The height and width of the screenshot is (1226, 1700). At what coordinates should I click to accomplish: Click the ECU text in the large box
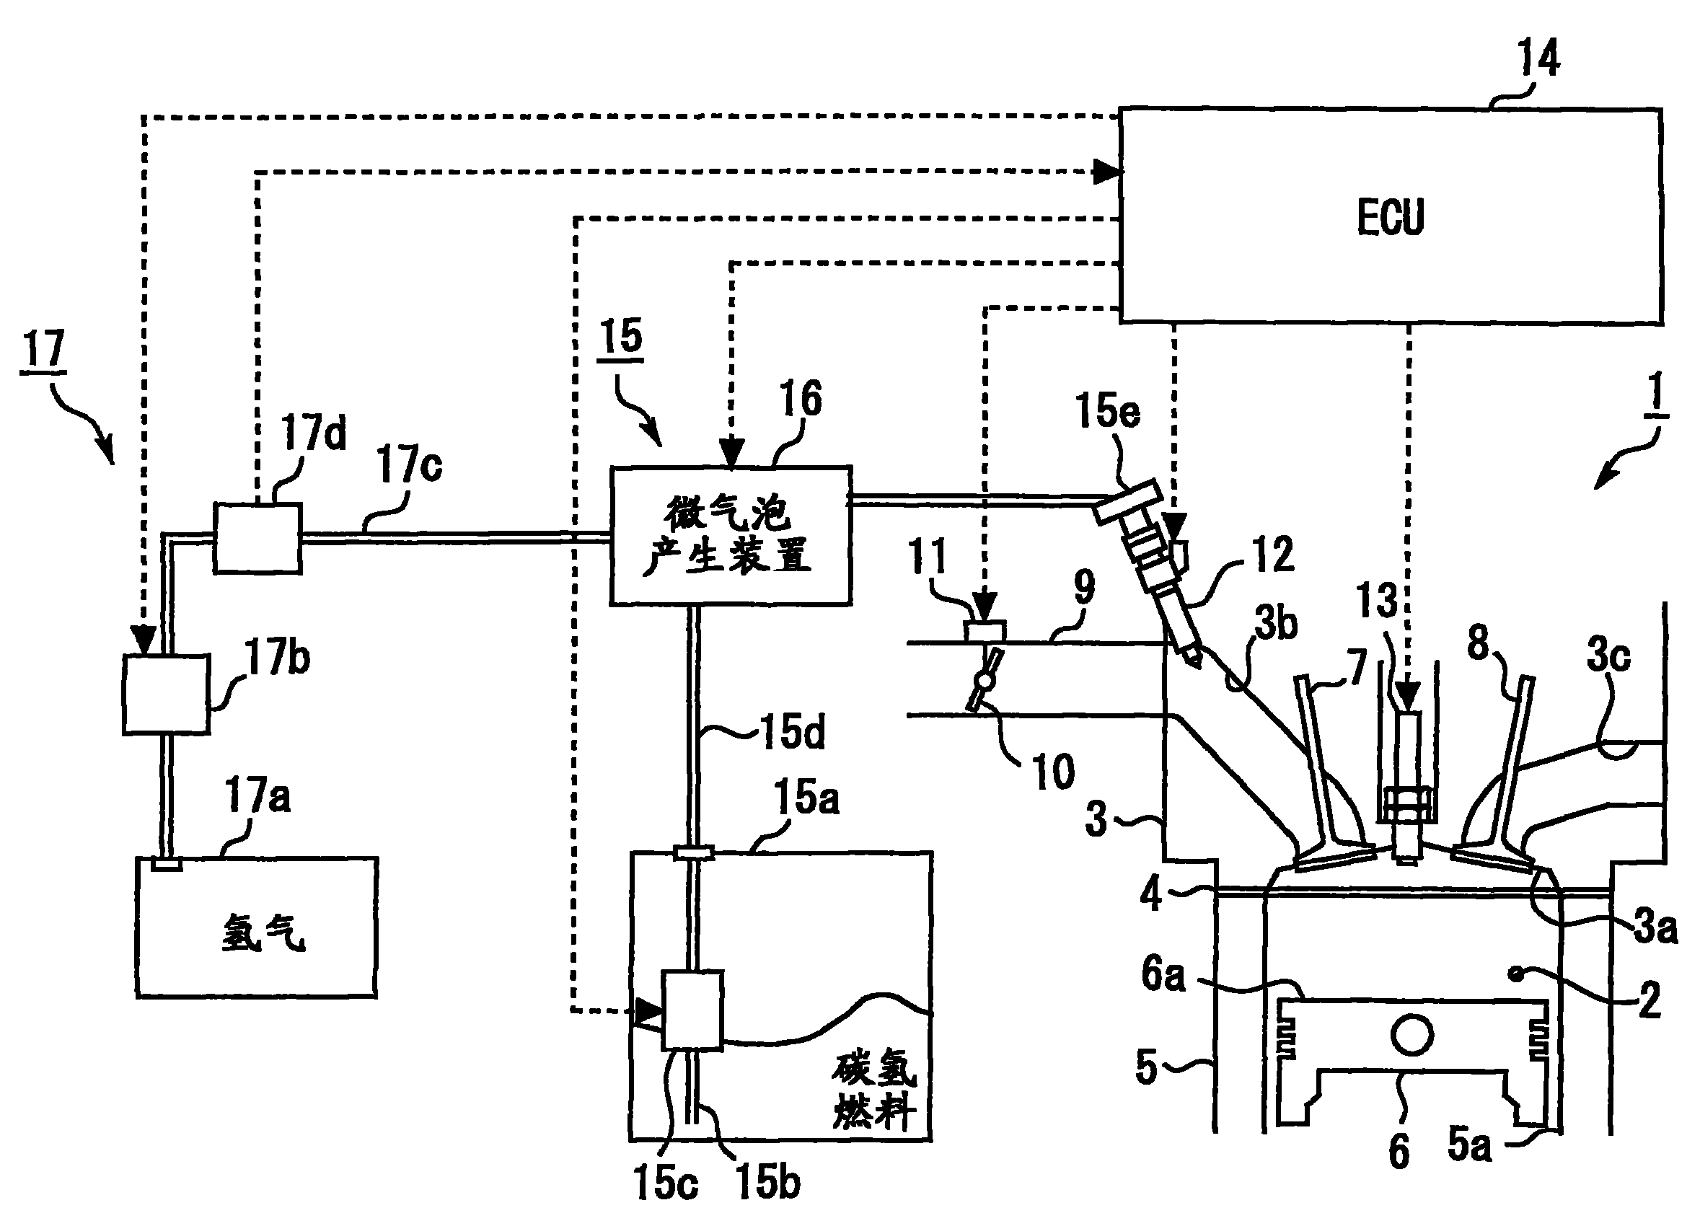(1391, 217)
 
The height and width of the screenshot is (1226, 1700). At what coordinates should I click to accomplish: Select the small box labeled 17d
(257, 538)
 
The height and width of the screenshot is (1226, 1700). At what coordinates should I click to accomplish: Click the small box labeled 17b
(166, 694)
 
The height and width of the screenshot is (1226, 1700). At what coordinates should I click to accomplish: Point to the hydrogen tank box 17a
(256, 927)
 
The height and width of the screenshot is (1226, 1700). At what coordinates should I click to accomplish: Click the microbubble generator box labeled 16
(730, 535)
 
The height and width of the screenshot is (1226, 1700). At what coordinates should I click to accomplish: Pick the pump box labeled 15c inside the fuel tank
(691, 1010)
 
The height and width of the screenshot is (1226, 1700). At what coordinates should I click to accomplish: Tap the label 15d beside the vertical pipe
(792, 731)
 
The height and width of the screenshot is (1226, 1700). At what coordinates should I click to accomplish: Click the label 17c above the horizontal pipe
(409, 464)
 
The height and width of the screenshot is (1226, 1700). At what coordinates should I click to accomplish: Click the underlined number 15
(622, 337)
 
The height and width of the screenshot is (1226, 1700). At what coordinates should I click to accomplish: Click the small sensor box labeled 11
(985, 632)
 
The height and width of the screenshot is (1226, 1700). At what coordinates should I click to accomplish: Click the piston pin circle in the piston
(1411, 1035)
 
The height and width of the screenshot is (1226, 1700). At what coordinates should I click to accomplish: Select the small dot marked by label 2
(1517, 974)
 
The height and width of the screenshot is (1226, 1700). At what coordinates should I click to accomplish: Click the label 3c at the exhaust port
(1608, 656)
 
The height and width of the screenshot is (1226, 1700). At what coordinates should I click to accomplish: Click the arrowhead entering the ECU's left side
(1107, 172)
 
